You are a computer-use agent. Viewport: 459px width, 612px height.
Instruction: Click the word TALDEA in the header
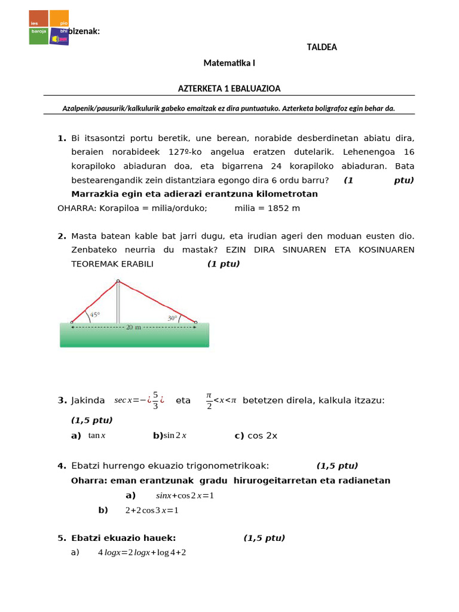coord(322,47)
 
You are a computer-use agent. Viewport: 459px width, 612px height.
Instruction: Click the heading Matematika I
coord(229,63)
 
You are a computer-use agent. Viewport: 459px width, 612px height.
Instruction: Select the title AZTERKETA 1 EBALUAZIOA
coord(229,88)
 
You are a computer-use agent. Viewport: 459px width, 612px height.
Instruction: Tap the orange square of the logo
coord(59,18)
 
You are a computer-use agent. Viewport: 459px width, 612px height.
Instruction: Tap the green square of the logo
coord(38,36)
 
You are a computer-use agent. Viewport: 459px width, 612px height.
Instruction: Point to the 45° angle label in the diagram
coord(94,314)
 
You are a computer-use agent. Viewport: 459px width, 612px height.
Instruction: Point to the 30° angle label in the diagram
coord(172,319)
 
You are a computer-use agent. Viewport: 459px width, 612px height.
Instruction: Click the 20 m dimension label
coord(133,328)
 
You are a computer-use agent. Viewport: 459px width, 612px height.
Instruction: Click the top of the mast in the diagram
coord(118,281)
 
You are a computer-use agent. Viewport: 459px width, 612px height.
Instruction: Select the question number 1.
coord(62,138)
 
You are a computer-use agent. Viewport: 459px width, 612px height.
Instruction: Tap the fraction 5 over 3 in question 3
coord(155,400)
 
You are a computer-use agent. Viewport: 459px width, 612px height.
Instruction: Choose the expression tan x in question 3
coord(97,436)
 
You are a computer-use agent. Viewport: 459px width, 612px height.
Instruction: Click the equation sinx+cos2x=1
coord(185,495)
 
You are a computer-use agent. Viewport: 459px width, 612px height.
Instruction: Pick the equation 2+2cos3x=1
coord(152,510)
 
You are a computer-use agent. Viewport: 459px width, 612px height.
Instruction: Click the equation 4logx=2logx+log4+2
coord(142,552)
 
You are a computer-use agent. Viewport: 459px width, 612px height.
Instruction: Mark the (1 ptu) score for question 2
coord(224,264)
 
